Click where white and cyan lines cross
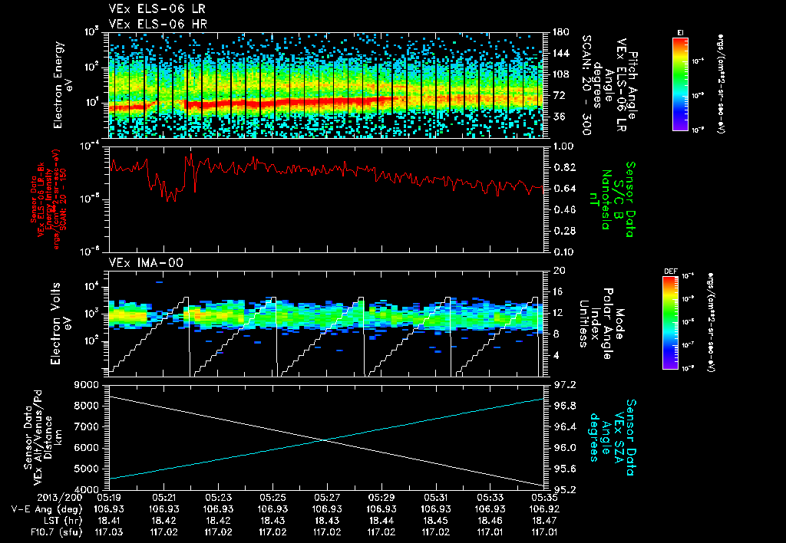pyautogui.click(x=327, y=439)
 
